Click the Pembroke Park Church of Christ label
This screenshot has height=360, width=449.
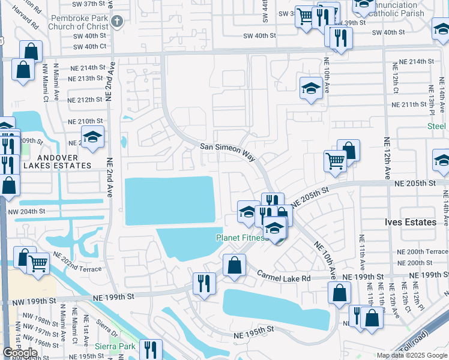(x=79, y=22)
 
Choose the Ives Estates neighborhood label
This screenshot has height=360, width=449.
(x=411, y=222)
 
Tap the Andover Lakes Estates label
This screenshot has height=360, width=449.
(x=58, y=165)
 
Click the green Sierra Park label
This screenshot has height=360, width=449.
(x=115, y=346)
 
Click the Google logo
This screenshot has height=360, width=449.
(x=20, y=353)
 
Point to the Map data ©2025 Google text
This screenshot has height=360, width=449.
(x=412, y=355)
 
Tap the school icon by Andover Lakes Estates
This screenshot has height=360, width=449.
(x=92, y=137)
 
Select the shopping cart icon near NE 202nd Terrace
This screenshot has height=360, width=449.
(x=38, y=262)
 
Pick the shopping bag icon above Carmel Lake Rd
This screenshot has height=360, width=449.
(x=234, y=265)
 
